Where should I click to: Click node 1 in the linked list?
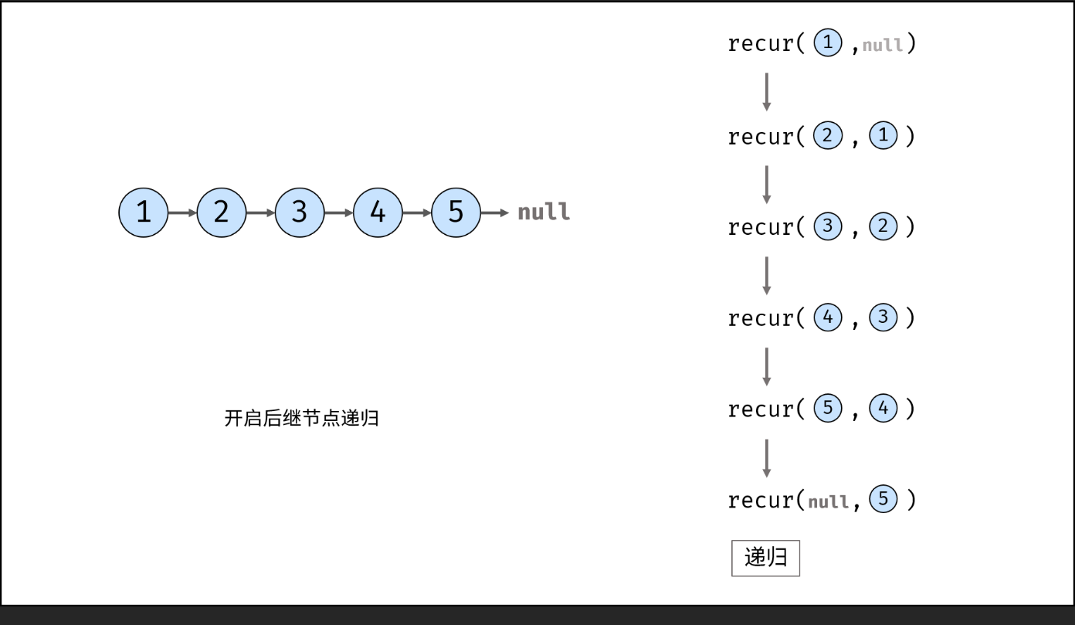click(x=143, y=212)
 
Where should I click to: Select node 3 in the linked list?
click(x=300, y=212)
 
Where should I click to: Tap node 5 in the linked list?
click(x=456, y=212)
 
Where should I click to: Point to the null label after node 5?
click(x=544, y=212)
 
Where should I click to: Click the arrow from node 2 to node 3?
click(x=260, y=212)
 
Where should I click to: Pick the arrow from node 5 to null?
click(x=495, y=212)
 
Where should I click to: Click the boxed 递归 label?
click(x=765, y=558)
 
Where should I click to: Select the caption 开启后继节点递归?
click(x=301, y=419)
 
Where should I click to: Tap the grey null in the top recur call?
click(x=882, y=45)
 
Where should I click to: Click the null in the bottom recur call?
click(x=828, y=502)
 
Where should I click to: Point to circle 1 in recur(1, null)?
click(x=828, y=43)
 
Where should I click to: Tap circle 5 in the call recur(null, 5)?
click(x=883, y=500)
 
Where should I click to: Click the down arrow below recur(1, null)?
click(x=766, y=91)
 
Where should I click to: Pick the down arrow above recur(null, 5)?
click(x=766, y=457)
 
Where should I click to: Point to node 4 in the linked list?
click(x=378, y=212)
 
